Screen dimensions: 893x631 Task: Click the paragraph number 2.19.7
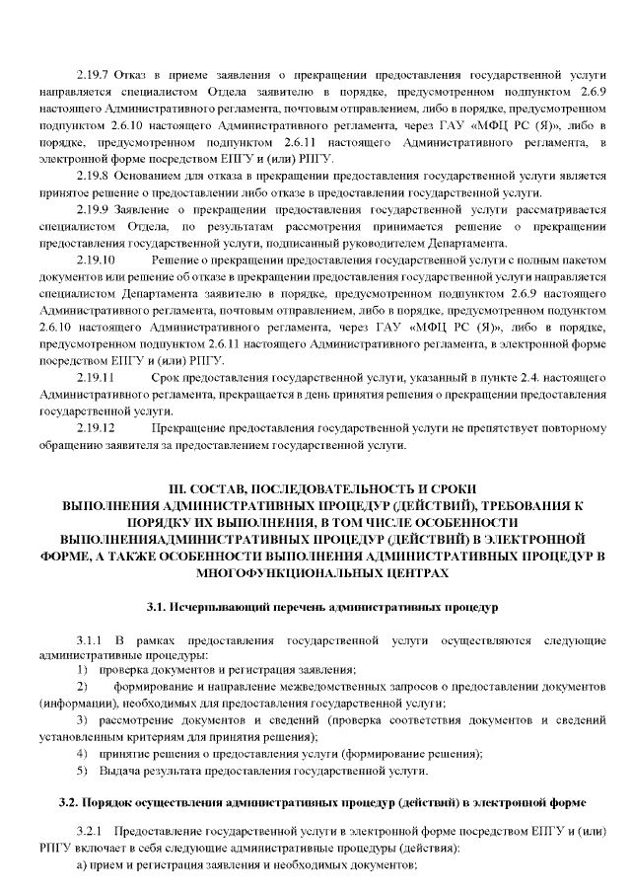(x=93, y=75)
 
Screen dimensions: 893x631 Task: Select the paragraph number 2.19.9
(x=93, y=209)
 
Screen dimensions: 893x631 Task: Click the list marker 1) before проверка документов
(x=83, y=670)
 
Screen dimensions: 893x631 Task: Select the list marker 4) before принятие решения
(x=83, y=754)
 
